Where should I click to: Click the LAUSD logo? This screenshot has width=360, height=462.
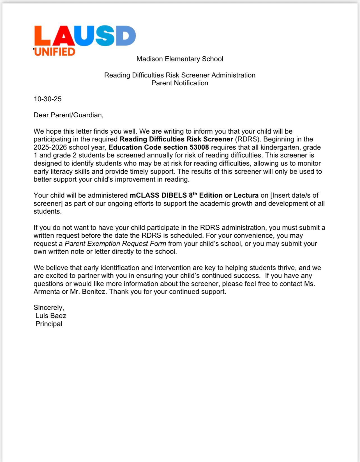tap(85, 36)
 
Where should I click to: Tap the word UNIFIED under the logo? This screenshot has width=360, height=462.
tap(55, 52)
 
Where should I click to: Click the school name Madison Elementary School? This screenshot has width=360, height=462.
tap(180, 59)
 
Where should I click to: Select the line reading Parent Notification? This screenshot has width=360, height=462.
tap(180, 83)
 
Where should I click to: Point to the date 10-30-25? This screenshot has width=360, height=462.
tap(47, 99)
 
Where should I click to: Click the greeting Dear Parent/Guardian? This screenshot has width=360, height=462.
tap(68, 115)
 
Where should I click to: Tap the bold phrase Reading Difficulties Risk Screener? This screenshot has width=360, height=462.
tap(176, 139)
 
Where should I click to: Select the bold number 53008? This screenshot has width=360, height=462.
tap(199, 147)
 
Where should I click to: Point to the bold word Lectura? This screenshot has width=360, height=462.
tap(246, 195)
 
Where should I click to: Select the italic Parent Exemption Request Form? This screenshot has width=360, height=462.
tap(115, 244)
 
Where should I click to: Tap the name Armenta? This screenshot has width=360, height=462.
tap(47, 292)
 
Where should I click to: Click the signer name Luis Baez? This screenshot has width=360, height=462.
tap(51, 316)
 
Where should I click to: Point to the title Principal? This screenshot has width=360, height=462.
tap(49, 324)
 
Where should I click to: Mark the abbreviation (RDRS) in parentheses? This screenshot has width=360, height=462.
tap(247, 139)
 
